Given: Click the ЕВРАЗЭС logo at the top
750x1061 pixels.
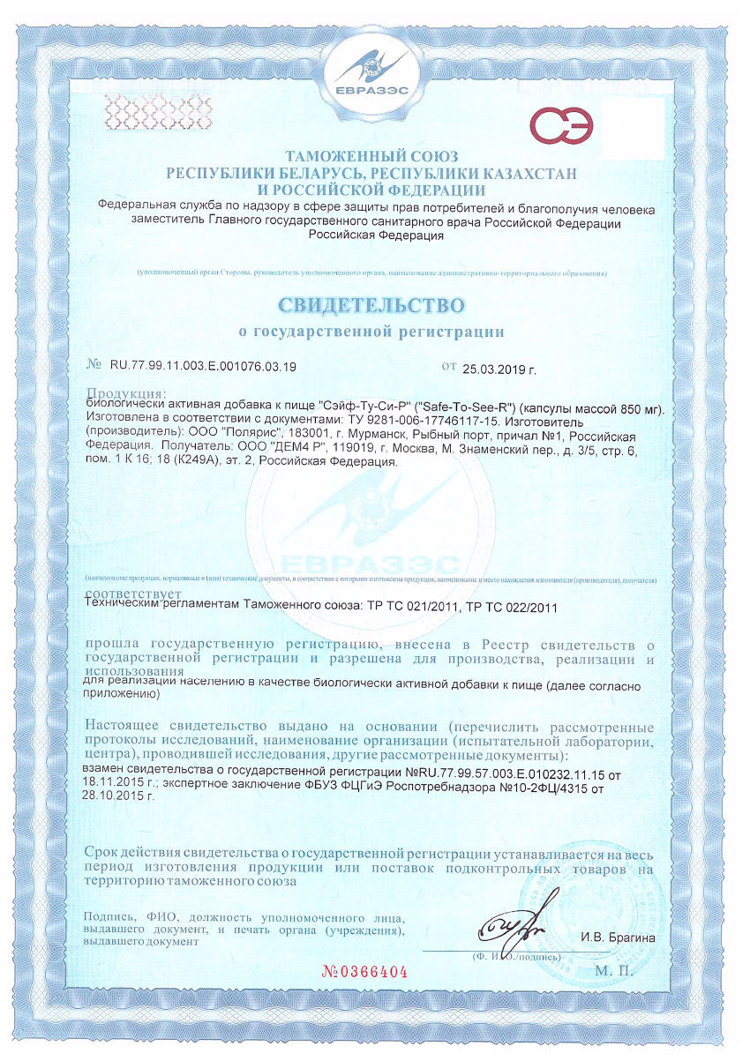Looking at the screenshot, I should coord(375,76).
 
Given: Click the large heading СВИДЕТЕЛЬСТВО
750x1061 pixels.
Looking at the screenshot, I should coord(371,305).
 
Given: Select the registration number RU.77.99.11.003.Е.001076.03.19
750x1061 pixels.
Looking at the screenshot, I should coord(203,365).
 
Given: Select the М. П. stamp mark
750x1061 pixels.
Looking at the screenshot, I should coord(615,971).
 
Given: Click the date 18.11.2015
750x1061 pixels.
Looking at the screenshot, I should coord(118,781).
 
